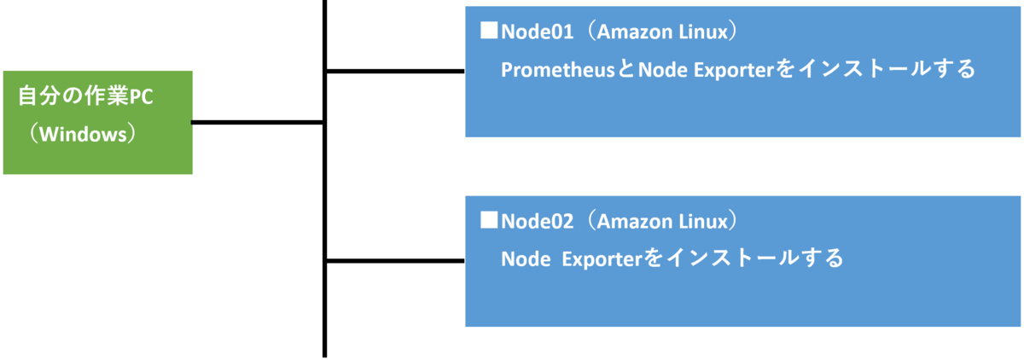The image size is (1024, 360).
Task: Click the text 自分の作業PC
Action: (85, 97)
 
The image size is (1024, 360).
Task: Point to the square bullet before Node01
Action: (489, 32)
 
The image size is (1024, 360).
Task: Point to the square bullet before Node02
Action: (489, 220)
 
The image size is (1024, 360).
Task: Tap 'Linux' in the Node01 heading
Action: (700, 32)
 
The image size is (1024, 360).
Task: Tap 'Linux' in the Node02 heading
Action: (700, 221)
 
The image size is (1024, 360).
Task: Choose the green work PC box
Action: (98, 123)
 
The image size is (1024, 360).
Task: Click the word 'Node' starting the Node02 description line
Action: (525, 258)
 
